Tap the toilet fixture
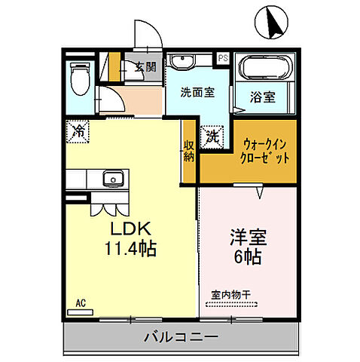click(79, 78)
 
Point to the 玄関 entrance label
click(145, 66)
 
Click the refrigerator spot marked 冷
click(78, 130)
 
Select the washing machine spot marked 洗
click(213, 136)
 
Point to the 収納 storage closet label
click(188, 151)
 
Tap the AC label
click(80, 304)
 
